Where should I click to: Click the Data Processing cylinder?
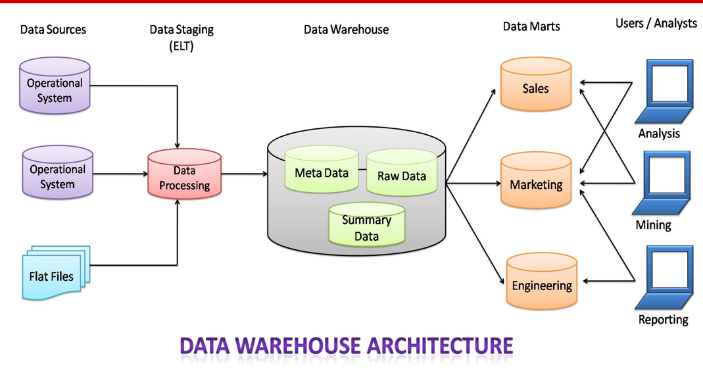[x=184, y=175]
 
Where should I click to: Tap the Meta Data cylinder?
[x=322, y=170]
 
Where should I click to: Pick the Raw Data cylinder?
[x=401, y=174]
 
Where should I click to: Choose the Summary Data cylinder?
[x=366, y=226]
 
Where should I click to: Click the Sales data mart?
[x=535, y=86]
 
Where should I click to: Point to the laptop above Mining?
[x=662, y=183]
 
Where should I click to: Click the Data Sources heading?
[x=53, y=29]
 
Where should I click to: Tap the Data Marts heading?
[x=531, y=26]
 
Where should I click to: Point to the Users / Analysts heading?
[x=656, y=23]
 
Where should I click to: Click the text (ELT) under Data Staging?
[x=182, y=46]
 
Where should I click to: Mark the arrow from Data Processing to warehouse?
[x=244, y=174]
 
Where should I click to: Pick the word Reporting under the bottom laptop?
[x=663, y=320]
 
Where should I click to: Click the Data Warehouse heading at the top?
[x=346, y=30]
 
